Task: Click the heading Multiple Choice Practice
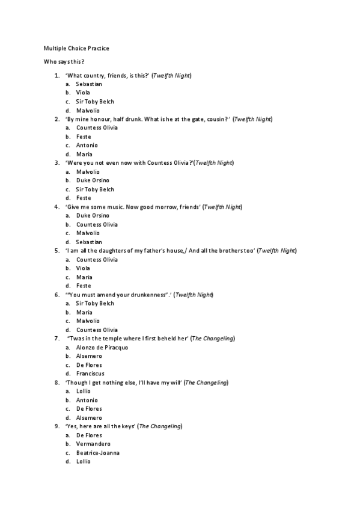[x=76, y=48]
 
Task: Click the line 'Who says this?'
[x=64, y=62]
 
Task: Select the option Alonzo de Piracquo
[x=102, y=348]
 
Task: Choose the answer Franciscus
[x=90, y=373]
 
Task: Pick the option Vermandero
[x=93, y=444]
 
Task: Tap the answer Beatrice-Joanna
[x=97, y=452]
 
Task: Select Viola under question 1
[x=83, y=93]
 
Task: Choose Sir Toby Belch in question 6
[x=95, y=304]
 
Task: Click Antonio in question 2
[x=87, y=146]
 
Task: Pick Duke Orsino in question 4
[x=93, y=215]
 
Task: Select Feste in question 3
[x=84, y=198]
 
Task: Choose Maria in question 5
[x=84, y=277]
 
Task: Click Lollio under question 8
[x=84, y=391]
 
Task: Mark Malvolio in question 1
[x=88, y=111]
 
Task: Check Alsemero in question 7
[x=89, y=356]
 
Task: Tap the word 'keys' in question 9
[x=126, y=426]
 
